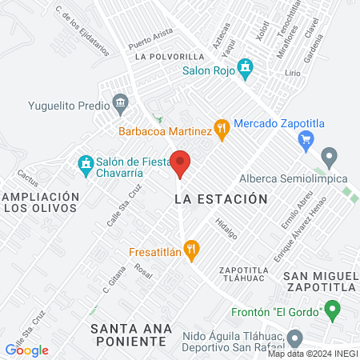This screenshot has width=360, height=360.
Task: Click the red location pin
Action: pos(181,163)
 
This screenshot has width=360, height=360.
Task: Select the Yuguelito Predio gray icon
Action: pos(121,102)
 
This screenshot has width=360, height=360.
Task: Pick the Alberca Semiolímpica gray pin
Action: pos(328,156)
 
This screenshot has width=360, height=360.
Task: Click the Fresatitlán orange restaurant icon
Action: pos(190,251)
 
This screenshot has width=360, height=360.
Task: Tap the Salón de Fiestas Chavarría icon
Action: pos(86,164)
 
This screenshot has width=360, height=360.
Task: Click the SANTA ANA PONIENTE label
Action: pos(130,334)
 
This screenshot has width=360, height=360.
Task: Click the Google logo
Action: pos(27,350)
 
